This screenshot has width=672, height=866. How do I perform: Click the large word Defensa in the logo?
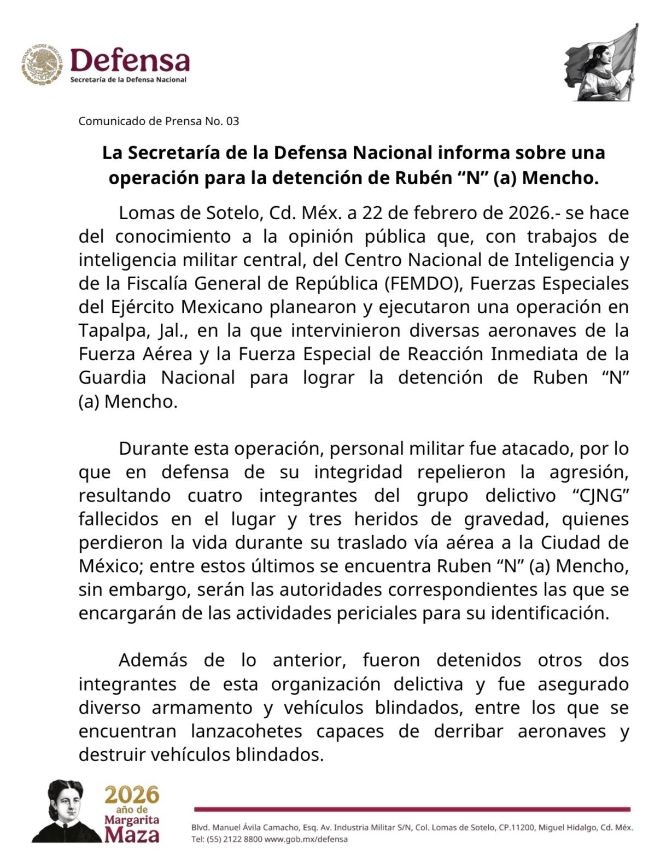pos(130,60)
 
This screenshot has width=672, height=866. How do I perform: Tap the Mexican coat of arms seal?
pos(43,65)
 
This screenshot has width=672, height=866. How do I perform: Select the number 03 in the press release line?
pos(232,121)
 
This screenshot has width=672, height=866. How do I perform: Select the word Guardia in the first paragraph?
pos(112,378)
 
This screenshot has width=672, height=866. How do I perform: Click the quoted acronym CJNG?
pos(599,495)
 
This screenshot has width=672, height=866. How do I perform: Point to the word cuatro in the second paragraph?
pos(215,495)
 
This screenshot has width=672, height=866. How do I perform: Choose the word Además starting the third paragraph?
pos(153,660)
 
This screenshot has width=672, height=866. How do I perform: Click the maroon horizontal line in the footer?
pos(412,809)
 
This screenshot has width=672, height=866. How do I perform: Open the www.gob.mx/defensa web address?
pos(306,839)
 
